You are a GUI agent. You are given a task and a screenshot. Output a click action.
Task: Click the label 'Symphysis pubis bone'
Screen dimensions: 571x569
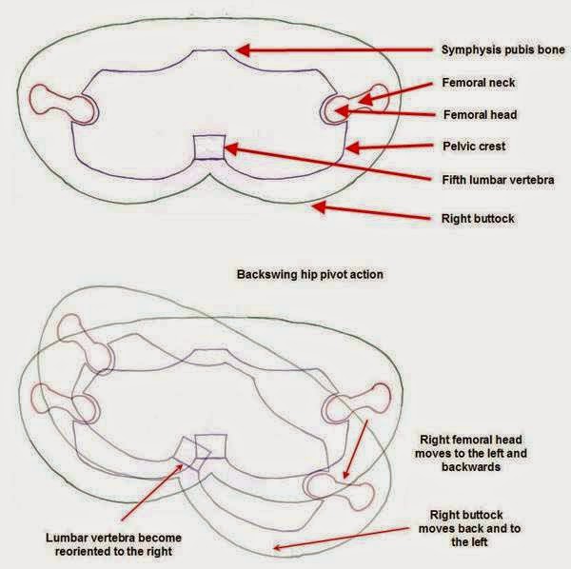click(502, 49)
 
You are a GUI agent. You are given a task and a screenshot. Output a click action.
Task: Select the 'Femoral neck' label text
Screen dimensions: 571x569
click(478, 83)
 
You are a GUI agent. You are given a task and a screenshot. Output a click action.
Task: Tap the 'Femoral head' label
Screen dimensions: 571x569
click(480, 115)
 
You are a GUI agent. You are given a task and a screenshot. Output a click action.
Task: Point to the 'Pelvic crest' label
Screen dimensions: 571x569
click(474, 147)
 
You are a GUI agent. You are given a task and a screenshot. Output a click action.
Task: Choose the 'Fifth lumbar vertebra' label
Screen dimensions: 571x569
click(498, 180)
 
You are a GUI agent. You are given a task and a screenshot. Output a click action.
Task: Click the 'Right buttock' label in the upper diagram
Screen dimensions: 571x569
click(478, 219)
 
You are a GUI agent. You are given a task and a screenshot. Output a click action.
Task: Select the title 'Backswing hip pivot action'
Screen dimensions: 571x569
click(309, 274)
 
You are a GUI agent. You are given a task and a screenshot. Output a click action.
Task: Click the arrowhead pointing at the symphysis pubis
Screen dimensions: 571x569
click(243, 50)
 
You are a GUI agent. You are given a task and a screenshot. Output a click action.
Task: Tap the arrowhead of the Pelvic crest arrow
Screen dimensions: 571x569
click(352, 147)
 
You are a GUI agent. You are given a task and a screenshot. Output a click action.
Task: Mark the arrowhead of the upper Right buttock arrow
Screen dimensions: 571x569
click(319, 207)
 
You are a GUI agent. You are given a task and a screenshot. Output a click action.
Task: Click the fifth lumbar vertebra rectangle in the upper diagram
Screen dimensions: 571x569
click(209, 147)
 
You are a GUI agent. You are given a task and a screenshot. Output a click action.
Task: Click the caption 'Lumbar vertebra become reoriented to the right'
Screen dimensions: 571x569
click(113, 544)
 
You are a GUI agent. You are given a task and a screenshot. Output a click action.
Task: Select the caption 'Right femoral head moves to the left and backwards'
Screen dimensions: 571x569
click(471, 453)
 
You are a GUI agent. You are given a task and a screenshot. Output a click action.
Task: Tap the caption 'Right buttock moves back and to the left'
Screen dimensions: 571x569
click(469, 528)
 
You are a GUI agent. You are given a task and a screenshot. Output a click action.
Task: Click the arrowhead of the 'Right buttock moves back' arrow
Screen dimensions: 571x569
click(278, 547)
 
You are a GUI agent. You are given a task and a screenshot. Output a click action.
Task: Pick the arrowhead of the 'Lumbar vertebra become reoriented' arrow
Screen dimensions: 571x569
click(179, 468)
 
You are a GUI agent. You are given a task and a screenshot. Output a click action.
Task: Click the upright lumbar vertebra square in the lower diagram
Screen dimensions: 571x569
click(211, 446)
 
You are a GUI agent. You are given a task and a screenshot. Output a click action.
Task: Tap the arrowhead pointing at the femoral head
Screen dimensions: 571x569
click(342, 111)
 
